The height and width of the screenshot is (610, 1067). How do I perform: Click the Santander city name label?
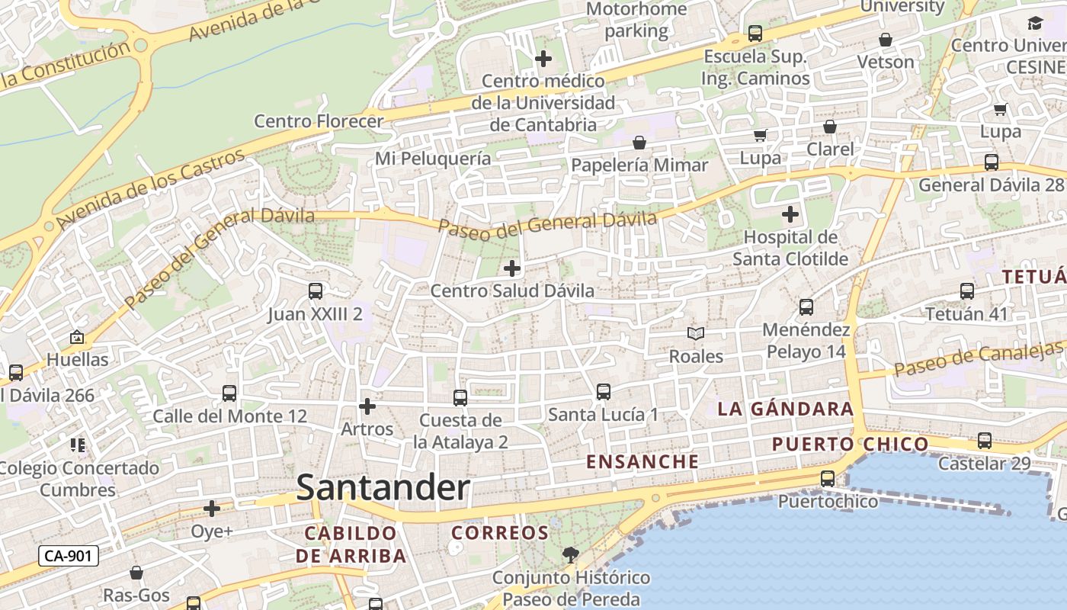(x=383, y=487)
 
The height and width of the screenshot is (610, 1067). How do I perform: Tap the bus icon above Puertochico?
(x=828, y=479)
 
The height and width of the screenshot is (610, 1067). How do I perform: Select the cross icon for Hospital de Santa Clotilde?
(x=790, y=214)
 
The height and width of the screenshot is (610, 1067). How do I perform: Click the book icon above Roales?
(x=695, y=333)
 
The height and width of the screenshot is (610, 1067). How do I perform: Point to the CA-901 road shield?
(x=69, y=556)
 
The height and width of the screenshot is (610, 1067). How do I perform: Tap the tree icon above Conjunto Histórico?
(x=570, y=554)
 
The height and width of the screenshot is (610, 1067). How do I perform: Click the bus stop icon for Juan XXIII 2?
(x=315, y=291)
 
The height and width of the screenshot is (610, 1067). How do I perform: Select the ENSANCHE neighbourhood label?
(x=642, y=461)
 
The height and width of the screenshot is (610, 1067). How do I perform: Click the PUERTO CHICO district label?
(x=850, y=444)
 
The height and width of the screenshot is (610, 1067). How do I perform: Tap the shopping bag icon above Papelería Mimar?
(x=639, y=143)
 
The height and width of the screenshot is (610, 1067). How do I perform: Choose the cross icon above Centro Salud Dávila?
(x=512, y=268)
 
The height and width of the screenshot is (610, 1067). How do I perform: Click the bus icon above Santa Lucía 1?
(x=603, y=392)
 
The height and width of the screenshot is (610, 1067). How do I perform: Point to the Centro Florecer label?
(x=319, y=121)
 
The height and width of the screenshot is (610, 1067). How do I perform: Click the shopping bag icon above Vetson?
(x=886, y=40)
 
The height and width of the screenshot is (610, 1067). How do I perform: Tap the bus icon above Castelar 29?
(x=984, y=441)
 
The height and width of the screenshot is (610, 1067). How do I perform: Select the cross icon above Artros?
(x=367, y=406)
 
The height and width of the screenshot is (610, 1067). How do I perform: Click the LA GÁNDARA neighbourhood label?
(x=785, y=409)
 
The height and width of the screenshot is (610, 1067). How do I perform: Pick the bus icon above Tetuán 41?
(x=966, y=291)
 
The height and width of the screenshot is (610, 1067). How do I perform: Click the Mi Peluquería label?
(x=433, y=159)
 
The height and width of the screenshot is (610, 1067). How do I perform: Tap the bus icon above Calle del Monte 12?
(x=229, y=393)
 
